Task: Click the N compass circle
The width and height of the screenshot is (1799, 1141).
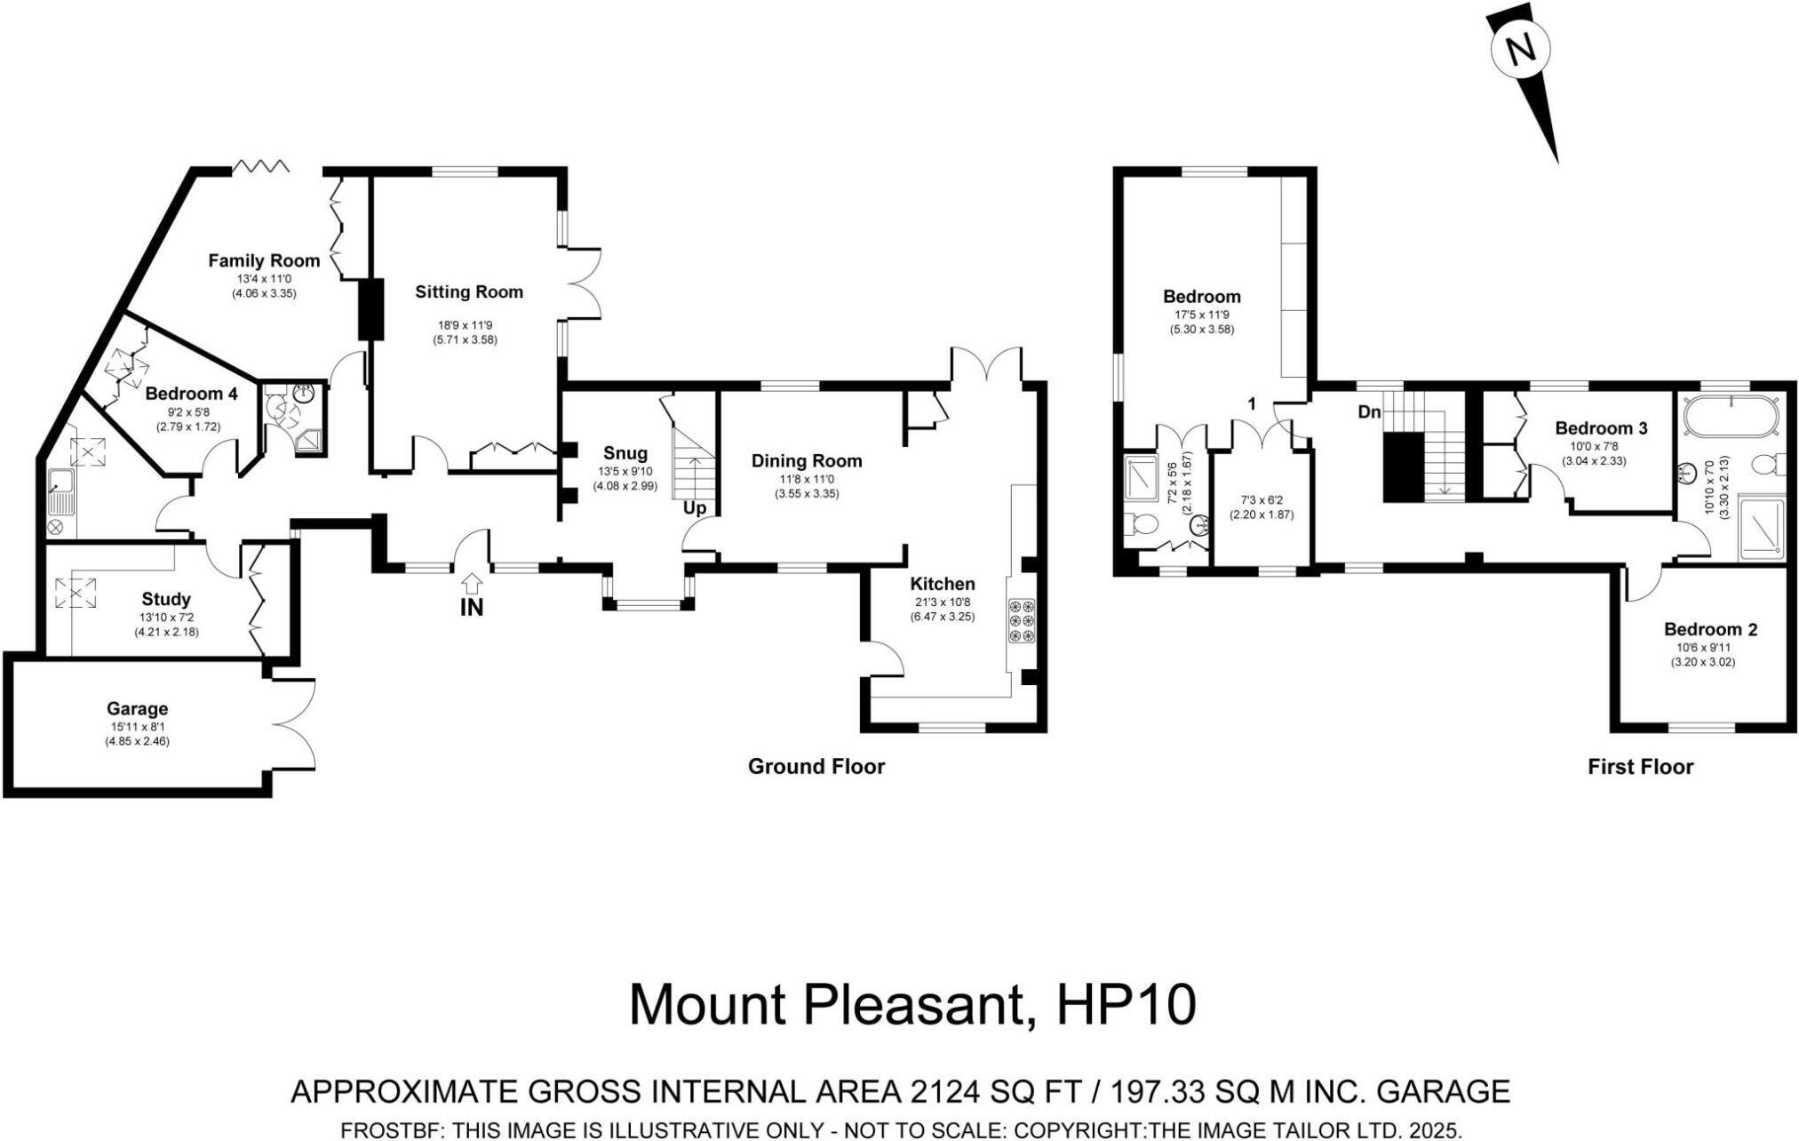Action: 1520,50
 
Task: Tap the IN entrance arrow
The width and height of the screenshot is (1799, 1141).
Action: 473,584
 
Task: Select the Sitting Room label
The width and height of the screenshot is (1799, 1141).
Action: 469,292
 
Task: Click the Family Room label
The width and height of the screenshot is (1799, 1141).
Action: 264,260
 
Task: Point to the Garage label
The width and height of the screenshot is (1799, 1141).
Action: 137,709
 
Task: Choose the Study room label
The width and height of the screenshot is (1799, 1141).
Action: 166,600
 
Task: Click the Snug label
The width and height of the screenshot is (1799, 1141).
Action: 625,454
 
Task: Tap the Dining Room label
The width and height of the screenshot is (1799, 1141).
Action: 807,460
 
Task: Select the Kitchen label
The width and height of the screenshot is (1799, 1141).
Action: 943,584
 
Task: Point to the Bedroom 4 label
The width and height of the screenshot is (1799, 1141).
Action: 192,394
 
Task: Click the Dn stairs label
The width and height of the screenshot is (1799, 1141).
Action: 1369,412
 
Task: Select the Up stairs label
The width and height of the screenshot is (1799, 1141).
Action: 695,509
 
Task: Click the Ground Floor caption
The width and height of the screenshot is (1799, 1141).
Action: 816,767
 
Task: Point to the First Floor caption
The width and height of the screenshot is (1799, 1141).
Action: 1641,767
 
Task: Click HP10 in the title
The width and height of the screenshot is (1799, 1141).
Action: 1126,1005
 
